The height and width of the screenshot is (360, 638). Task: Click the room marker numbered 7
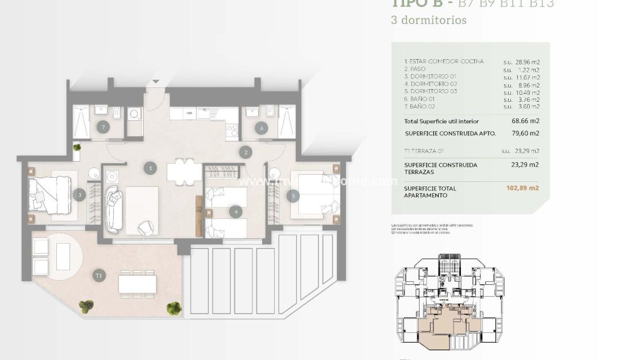pos(103,127)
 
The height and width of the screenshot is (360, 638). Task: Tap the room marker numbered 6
pos(262,128)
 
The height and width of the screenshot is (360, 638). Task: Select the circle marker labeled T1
pos(99,276)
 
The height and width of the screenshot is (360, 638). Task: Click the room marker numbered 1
pos(151,168)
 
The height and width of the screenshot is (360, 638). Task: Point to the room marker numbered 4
pos(236,212)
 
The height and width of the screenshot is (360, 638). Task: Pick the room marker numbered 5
pos(293,196)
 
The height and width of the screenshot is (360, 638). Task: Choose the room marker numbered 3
pos(80,195)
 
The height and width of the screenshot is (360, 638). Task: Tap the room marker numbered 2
pos(246,152)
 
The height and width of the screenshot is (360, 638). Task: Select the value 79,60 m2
pos(526,133)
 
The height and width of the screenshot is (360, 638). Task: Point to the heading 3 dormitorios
pos(428,20)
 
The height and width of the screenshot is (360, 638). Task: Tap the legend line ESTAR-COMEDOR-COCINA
pos(444,62)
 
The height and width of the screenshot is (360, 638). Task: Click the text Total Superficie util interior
pos(441,121)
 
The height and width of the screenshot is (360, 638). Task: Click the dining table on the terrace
pos(137,284)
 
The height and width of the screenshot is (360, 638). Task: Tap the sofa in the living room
pos(113,204)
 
